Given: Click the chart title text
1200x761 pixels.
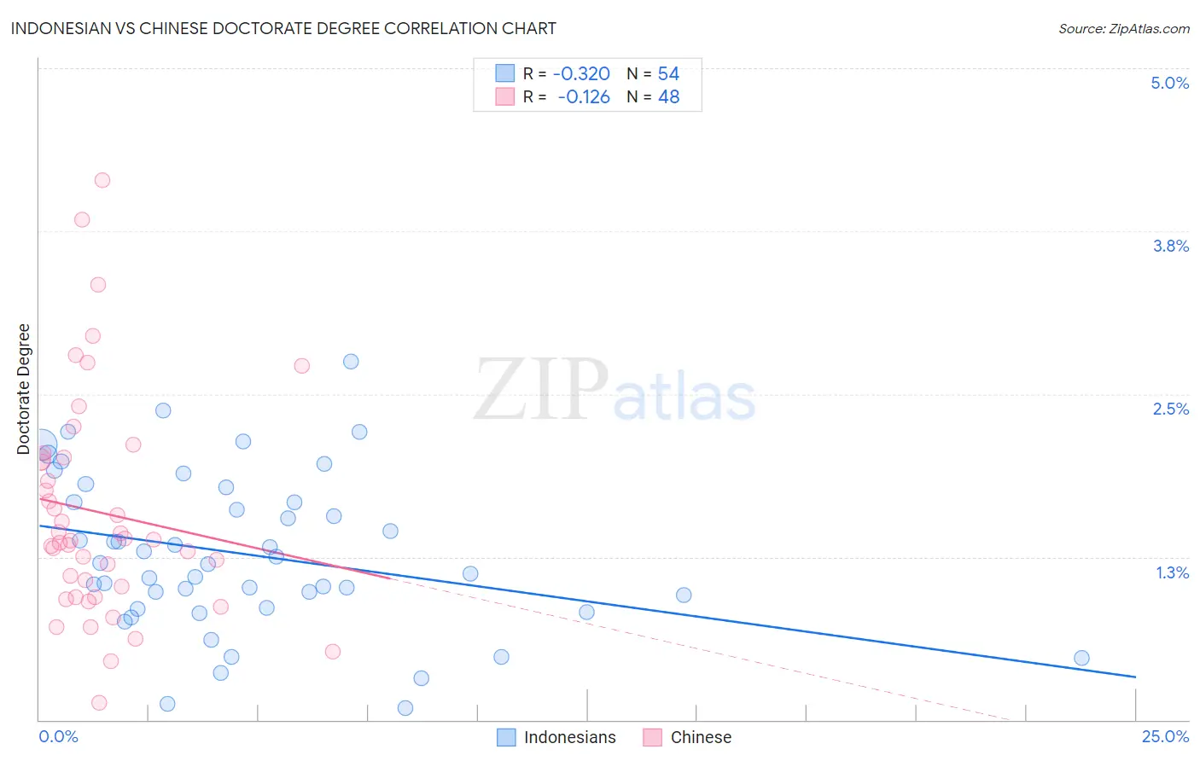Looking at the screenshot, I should pyautogui.click(x=283, y=29).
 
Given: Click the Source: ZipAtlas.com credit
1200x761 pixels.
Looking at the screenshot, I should pyautogui.click(x=1123, y=29).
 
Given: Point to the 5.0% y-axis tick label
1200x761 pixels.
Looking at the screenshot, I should pyautogui.click(x=1169, y=83).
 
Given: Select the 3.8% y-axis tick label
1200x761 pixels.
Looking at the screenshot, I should pyautogui.click(x=1170, y=246).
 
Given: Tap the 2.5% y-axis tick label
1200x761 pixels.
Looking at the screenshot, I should pyautogui.click(x=1170, y=409).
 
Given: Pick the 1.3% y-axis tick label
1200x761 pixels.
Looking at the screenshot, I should pyautogui.click(x=1172, y=572).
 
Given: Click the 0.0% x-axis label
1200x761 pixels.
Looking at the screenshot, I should pyautogui.click(x=58, y=736).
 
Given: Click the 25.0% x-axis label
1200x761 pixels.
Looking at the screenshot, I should pyautogui.click(x=1165, y=736).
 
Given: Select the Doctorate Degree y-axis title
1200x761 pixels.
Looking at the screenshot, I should pyautogui.click(x=24, y=389).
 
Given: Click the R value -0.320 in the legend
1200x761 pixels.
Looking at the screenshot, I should pyautogui.click(x=581, y=74).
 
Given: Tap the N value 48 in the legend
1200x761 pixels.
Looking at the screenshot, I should pyautogui.click(x=668, y=97).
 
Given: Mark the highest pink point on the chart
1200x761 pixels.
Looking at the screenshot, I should pyautogui.click(x=102, y=180).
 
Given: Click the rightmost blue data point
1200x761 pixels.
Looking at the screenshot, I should pyautogui.click(x=1081, y=658).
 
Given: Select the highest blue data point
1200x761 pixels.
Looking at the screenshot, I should pyautogui.click(x=351, y=362).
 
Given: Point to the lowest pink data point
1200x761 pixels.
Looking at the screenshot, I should pyautogui.click(x=99, y=703).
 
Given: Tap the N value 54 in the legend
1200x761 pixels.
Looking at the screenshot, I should pyautogui.click(x=668, y=74).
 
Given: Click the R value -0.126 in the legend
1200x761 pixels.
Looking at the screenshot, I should pyautogui.click(x=584, y=97).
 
